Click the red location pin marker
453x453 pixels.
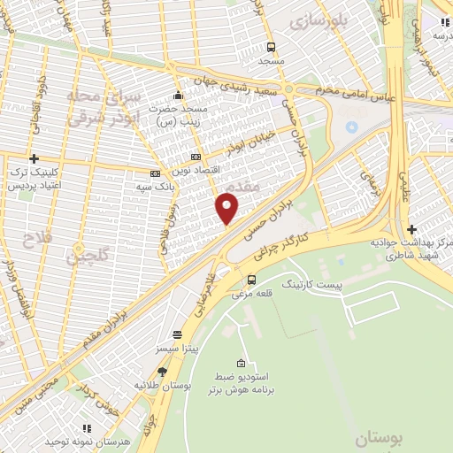click(227, 208)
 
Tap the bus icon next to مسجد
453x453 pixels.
click(270, 48)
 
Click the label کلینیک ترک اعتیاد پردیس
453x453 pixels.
click(33, 180)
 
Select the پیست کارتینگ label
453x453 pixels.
click(310, 285)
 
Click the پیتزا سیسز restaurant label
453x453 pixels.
click(178, 349)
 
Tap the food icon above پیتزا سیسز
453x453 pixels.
click(178, 334)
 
